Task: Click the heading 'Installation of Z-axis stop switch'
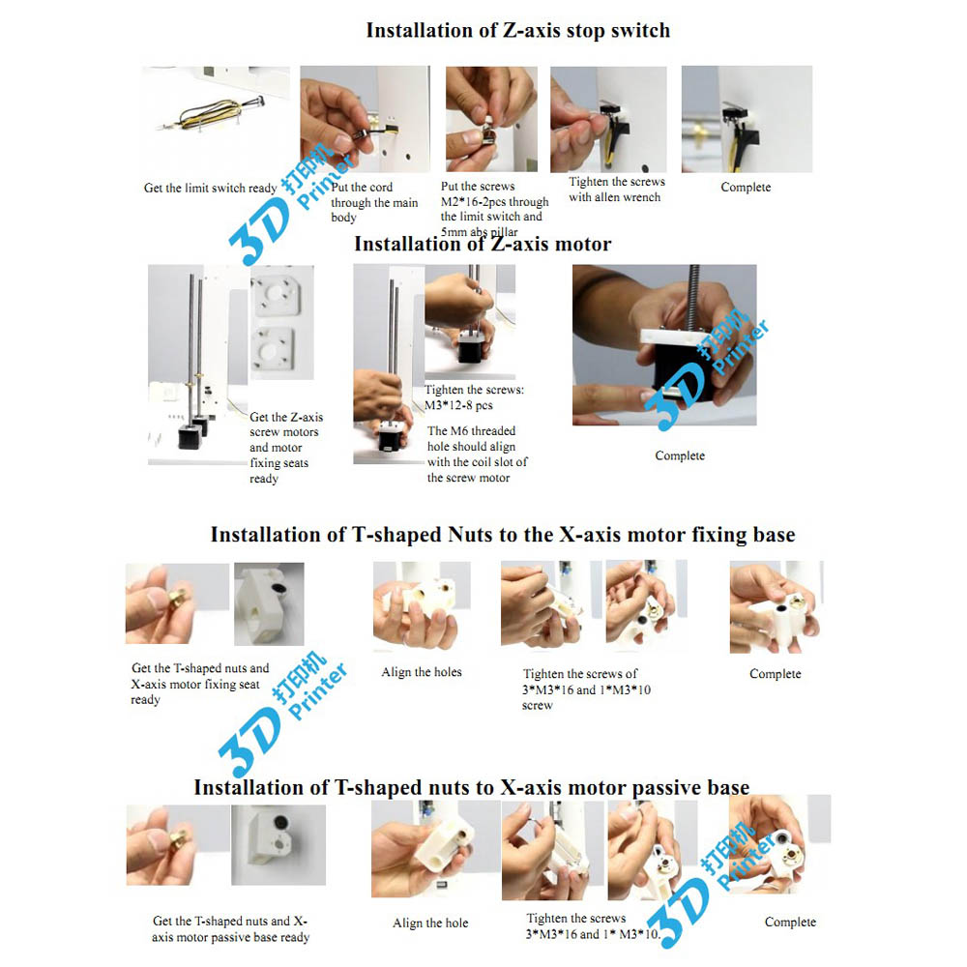[x=517, y=30]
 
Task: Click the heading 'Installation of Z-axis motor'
[x=483, y=245]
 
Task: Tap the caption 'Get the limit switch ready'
[x=210, y=189]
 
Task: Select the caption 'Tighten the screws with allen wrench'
[x=616, y=190]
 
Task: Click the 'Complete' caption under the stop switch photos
[x=746, y=188]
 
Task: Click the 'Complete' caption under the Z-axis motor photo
[x=680, y=455]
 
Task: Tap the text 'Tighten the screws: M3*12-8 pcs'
[x=474, y=397]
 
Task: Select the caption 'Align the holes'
[x=422, y=672]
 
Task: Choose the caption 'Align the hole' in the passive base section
[x=430, y=923]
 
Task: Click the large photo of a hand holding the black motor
[x=664, y=345]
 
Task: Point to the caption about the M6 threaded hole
[x=478, y=454]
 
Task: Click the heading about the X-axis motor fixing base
[x=503, y=535]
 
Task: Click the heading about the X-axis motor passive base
[x=472, y=787]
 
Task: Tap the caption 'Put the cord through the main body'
[x=374, y=202]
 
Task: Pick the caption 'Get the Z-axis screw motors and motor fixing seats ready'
[x=286, y=448]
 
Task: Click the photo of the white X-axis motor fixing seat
[x=269, y=603]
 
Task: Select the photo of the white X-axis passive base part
[x=278, y=845]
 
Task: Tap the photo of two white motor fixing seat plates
[x=281, y=323]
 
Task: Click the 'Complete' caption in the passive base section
[x=790, y=922]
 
